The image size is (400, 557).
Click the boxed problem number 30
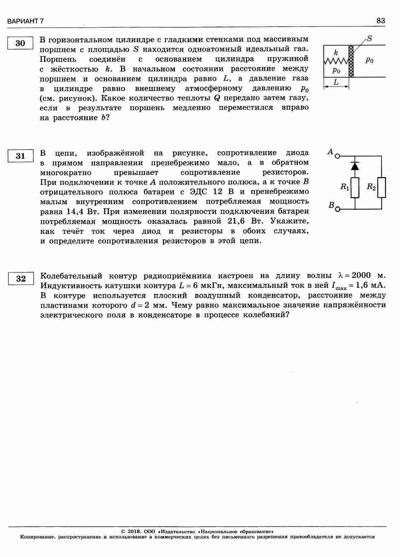20,43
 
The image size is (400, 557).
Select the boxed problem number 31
20,156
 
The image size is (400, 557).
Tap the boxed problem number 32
21,279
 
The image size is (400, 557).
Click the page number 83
380,21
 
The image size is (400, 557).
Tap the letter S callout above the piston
369,39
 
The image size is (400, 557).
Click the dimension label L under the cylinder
336,82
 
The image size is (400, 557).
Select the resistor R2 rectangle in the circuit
381,188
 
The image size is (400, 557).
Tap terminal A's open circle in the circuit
337,156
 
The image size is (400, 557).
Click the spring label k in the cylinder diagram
336,53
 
